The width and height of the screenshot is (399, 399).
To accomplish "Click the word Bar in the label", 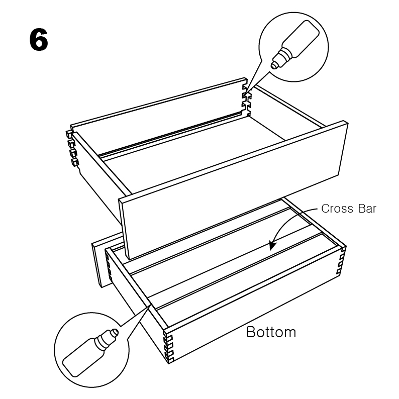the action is point(367,209).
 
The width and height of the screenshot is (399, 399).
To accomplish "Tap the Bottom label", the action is point(271,332).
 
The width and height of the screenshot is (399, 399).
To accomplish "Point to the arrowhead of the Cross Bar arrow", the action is point(272,245).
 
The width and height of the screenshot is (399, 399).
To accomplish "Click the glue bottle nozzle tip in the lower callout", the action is point(115,332).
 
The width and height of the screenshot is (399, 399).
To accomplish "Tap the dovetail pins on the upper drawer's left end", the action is point(72,148).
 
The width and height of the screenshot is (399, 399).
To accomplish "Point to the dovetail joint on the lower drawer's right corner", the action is point(341,260).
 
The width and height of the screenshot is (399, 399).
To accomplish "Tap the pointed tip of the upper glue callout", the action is point(246,93).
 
